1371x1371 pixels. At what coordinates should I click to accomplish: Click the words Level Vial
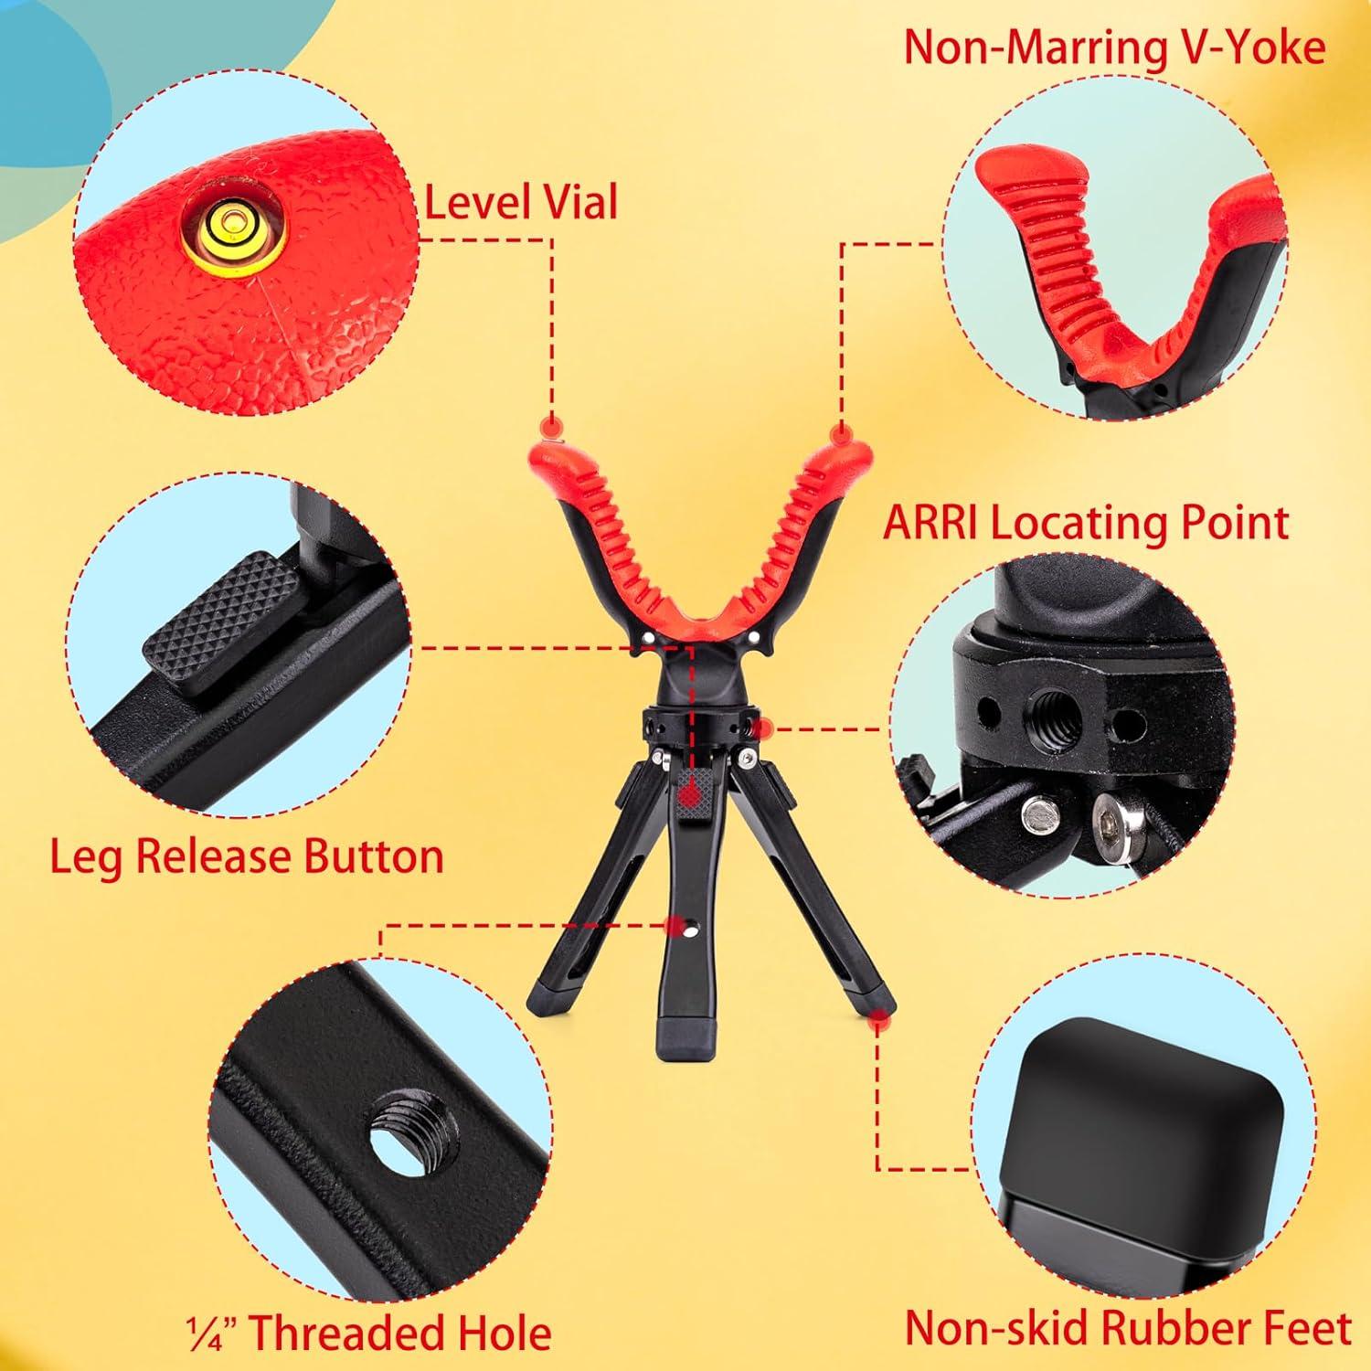pos(521,201)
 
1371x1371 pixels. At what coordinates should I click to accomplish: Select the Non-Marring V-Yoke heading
pos(1114,48)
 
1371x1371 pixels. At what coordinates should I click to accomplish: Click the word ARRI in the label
pos(932,523)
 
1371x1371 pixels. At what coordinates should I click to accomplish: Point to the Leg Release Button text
pos(247,856)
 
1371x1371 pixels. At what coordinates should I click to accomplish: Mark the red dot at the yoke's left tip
pos(550,427)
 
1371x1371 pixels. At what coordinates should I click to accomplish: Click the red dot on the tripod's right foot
pos(879,1015)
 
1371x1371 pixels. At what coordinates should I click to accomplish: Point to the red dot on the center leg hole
pos(675,926)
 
